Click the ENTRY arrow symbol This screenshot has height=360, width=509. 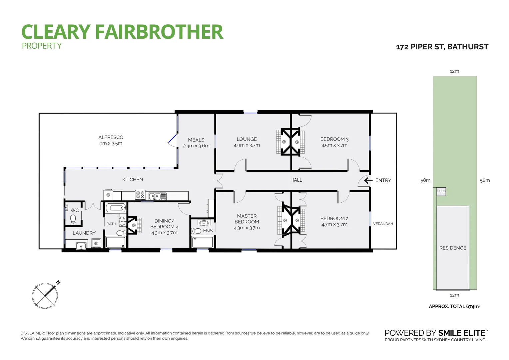(x=368, y=181)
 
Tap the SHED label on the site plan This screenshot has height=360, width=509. (x=441, y=191)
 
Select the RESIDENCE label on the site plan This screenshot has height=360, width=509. (x=452, y=248)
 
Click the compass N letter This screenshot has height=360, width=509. (x=58, y=283)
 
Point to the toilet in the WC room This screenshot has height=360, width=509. (x=73, y=219)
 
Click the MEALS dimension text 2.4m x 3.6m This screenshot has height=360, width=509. (x=196, y=146)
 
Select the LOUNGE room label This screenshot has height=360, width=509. (x=247, y=139)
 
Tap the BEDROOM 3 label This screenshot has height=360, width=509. (x=334, y=139)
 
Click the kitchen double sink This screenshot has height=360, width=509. (x=157, y=196)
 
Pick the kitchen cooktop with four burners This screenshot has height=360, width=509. (x=140, y=194)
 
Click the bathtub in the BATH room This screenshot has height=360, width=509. (x=116, y=208)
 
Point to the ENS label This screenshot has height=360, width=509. (x=208, y=231)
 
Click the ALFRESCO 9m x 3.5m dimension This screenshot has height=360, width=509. (x=111, y=143)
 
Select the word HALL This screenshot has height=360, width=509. (x=296, y=180)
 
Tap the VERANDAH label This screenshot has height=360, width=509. (x=383, y=224)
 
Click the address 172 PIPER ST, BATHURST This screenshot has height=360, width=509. (x=442, y=47)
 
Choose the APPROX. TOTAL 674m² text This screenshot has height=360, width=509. (x=454, y=306)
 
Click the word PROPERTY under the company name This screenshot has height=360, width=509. (x=42, y=46)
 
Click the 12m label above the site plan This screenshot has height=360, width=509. (x=454, y=71)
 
